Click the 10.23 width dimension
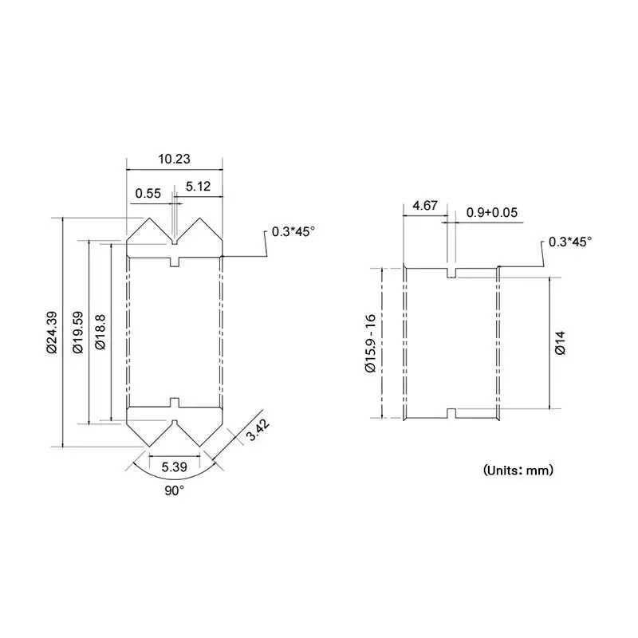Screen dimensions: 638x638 click(174, 159)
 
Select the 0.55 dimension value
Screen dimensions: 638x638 click(148, 193)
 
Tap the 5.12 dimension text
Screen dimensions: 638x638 click(198, 187)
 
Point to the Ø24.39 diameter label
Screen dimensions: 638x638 click(52, 333)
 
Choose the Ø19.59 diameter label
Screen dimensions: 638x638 click(77, 333)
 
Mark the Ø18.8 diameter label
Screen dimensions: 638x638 click(100, 332)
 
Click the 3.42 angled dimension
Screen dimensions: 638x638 click(258, 430)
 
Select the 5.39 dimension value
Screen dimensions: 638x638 click(174, 467)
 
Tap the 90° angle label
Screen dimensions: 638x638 click(174, 490)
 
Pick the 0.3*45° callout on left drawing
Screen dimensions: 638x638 click(293, 231)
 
